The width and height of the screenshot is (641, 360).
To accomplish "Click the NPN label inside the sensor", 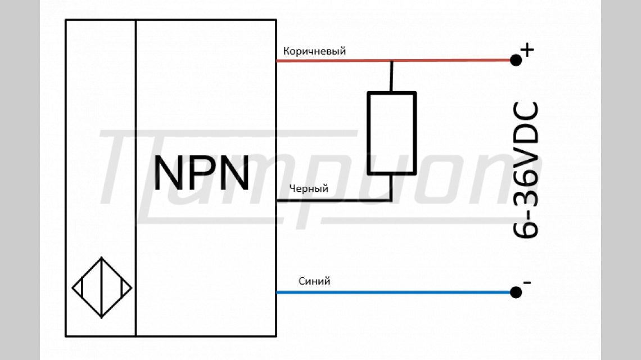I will [201, 174].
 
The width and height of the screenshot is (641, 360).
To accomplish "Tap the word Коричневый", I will [314, 51].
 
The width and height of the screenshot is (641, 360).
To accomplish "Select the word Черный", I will [308, 189].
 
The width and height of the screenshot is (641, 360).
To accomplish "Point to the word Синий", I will [314, 281].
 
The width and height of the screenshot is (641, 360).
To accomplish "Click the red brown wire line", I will [450, 60].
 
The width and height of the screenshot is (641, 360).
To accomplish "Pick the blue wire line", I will [394, 292].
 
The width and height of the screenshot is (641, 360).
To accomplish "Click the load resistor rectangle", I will [392, 133].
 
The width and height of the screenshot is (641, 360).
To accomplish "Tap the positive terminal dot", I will [516, 60].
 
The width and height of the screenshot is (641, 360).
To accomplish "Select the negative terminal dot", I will [516, 292].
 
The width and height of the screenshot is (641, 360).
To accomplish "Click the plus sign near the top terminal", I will [527, 50].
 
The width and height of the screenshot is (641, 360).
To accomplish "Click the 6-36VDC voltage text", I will [526, 170].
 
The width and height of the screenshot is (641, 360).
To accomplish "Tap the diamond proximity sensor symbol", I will [102, 287].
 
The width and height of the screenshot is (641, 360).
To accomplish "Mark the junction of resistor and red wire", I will [392, 60].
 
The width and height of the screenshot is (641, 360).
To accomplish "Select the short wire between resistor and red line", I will [392, 76].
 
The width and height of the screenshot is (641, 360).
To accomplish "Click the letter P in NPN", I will [201, 174].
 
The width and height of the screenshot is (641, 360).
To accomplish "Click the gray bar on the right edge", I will [621, 180].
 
